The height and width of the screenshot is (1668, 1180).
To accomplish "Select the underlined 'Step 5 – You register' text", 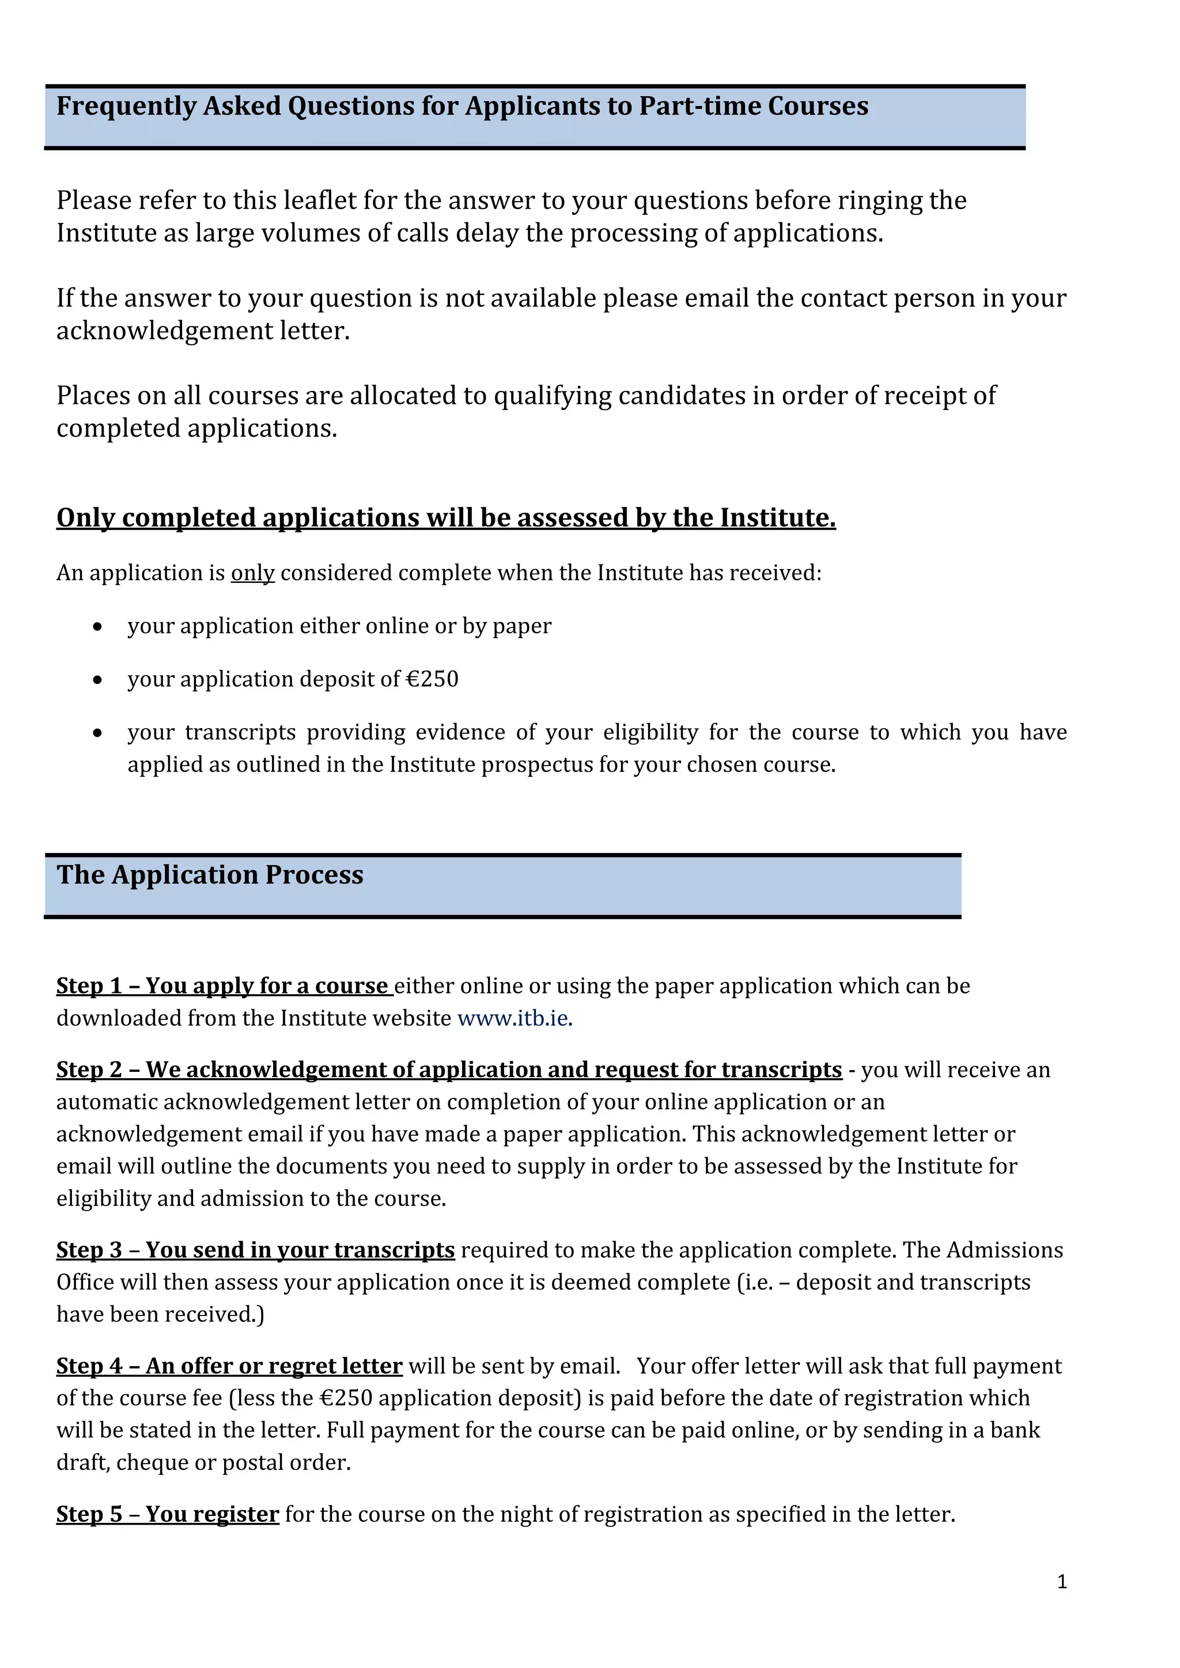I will pyautogui.click(x=168, y=1514).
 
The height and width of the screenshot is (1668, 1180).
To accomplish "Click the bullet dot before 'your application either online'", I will pyautogui.click(x=97, y=626).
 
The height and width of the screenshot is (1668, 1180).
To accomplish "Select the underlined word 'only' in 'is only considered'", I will pyautogui.click(x=252, y=573).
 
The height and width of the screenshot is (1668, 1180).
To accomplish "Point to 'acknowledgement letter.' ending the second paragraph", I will pyautogui.click(x=203, y=331).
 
